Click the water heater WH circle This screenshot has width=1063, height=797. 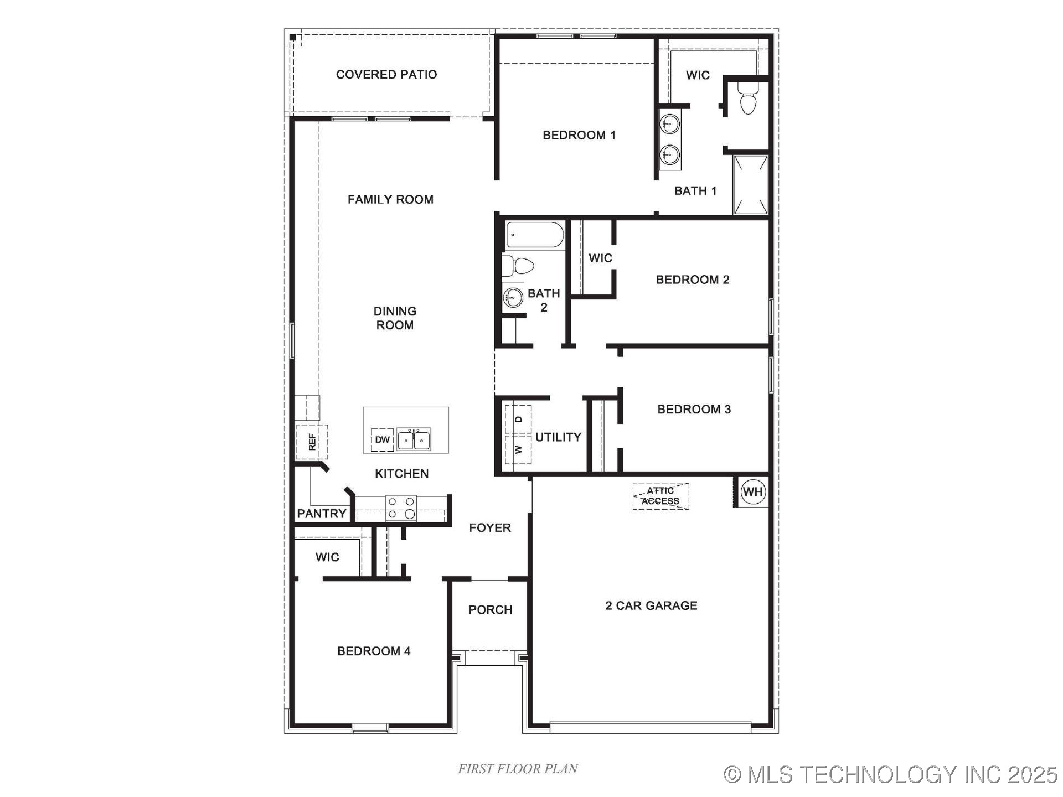(x=752, y=491)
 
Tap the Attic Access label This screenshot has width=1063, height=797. (x=660, y=496)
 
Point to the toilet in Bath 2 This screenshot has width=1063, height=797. (x=518, y=266)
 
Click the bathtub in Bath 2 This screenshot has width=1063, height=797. (x=535, y=235)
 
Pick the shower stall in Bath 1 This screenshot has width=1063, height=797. (x=751, y=184)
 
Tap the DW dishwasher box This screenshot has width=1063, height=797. (x=383, y=439)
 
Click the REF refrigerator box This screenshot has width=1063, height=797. (x=312, y=442)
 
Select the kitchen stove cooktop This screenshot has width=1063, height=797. (x=401, y=508)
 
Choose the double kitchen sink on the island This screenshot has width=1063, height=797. (x=414, y=440)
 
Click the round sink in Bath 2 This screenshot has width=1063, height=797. (x=513, y=297)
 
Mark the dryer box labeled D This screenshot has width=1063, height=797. (x=518, y=419)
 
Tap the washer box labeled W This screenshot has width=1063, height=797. (x=518, y=449)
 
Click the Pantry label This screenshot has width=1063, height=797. (x=322, y=514)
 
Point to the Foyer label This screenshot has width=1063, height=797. (x=490, y=528)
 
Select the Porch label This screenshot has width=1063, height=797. (x=490, y=610)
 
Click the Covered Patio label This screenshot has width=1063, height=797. (x=386, y=75)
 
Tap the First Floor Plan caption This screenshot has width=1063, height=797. (x=518, y=769)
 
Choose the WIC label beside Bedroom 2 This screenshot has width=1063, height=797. (x=600, y=258)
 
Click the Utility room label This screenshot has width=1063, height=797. (x=558, y=437)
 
